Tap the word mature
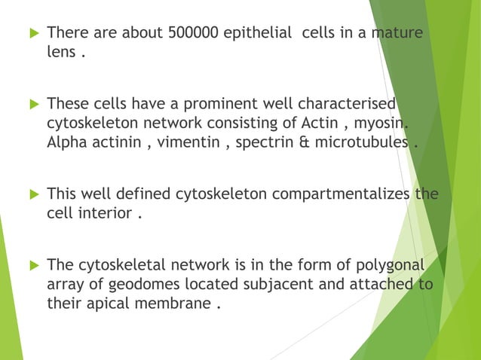392,34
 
